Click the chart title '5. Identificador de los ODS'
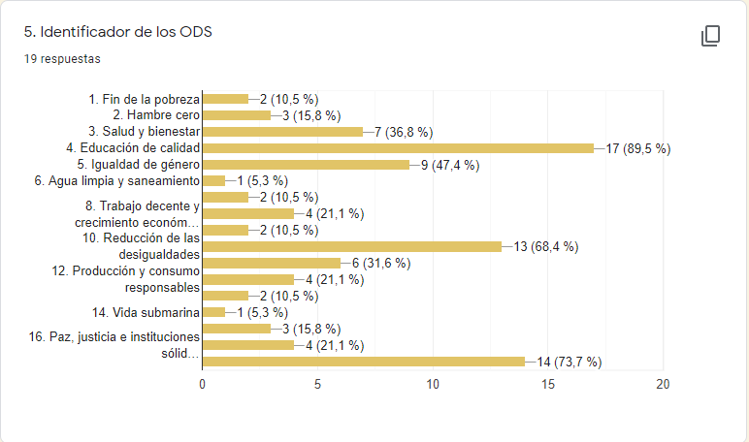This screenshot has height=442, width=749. pyautogui.click(x=118, y=32)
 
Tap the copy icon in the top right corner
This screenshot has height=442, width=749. pyautogui.click(x=710, y=37)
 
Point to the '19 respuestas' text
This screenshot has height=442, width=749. pyautogui.click(x=62, y=58)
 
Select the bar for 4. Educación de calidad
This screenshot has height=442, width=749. pyautogui.click(x=398, y=148)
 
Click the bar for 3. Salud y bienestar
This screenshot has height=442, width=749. pyautogui.click(x=282, y=132)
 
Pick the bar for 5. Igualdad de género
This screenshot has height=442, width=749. pyautogui.click(x=306, y=165)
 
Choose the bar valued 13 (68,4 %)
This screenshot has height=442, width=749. pyautogui.click(x=351, y=246)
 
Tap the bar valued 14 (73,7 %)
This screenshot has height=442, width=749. pyautogui.click(x=363, y=362)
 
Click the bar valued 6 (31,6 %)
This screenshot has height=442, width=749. pyautogui.click(x=271, y=263)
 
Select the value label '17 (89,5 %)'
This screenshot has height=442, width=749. pyautogui.click(x=637, y=148)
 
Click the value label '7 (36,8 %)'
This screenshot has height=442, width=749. pyautogui.click(x=403, y=132)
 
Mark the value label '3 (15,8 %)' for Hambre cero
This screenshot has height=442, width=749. pyautogui.click(x=310, y=115)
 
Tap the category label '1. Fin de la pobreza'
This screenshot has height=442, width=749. pyautogui.click(x=144, y=99)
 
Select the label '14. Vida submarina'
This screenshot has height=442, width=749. pyautogui.click(x=146, y=312)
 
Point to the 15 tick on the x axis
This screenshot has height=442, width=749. pyautogui.click(x=548, y=384)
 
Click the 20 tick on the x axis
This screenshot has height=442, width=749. pyautogui.click(x=664, y=384)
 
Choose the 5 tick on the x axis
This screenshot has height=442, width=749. pyautogui.click(x=317, y=384)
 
